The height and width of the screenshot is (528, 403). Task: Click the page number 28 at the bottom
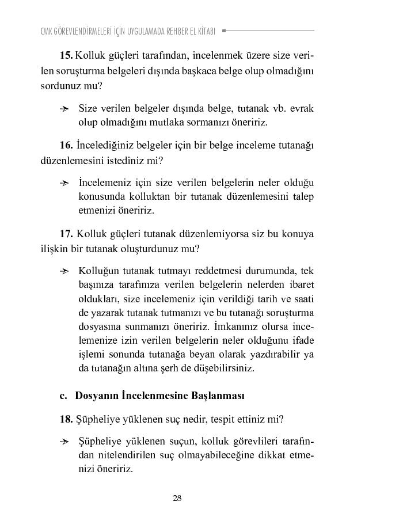pos(177,498)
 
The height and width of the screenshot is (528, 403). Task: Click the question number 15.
pos(66,55)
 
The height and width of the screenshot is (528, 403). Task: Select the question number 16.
pos(66,145)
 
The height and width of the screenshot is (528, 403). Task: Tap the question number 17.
pos(66,234)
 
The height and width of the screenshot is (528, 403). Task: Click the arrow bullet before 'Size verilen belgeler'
pos(64,109)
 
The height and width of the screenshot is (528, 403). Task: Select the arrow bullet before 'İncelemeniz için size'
pos(64,183)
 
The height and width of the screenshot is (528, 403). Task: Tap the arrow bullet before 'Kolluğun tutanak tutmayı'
pos(64,271)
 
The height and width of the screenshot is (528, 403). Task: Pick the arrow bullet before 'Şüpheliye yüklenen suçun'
pos(64,442)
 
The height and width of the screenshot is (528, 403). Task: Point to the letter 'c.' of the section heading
pos(63,396)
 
